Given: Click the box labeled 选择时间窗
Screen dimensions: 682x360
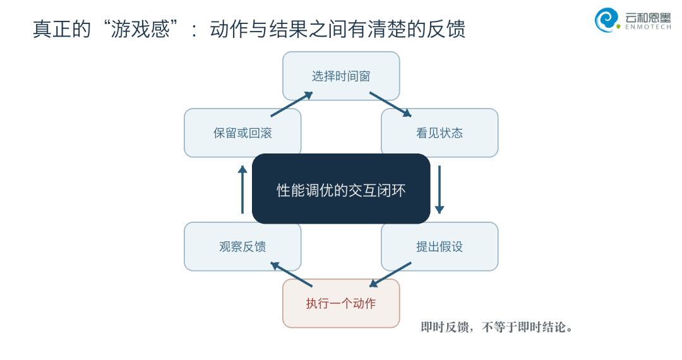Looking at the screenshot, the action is click(341, 76).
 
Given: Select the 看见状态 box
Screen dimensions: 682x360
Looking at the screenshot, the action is click(440, 133).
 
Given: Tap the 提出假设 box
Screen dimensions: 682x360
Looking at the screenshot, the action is click(440, 246).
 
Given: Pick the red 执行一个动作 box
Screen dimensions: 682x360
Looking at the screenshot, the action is click(341, 304).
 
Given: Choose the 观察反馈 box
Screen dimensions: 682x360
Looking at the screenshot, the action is click(242, 246).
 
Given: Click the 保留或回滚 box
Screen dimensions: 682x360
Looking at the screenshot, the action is click(242, 133).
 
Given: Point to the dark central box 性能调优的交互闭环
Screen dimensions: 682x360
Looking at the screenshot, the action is click(341, 189).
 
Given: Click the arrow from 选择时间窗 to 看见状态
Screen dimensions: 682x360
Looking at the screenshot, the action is click(390, 104).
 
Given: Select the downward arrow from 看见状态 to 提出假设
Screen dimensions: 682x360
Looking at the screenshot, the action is click(440, 189).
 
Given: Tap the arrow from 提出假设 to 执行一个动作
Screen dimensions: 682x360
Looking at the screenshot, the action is click(390, 275).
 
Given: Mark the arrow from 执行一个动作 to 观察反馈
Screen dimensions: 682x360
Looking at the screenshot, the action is click(291, 274).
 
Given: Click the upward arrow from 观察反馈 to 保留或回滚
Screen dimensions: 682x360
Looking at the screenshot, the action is click(242, 189).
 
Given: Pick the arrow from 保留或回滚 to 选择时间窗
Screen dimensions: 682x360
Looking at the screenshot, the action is click(292, 104).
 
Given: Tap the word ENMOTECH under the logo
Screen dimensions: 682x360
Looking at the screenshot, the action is click(648, 27).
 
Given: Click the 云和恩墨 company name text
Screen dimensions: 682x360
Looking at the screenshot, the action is click(648, 17).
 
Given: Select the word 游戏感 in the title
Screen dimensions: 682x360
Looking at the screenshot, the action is click(140, 29).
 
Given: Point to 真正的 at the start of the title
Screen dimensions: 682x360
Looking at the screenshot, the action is click(62, 29).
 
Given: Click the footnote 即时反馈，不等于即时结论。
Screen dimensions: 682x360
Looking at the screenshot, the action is click(497, 327).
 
